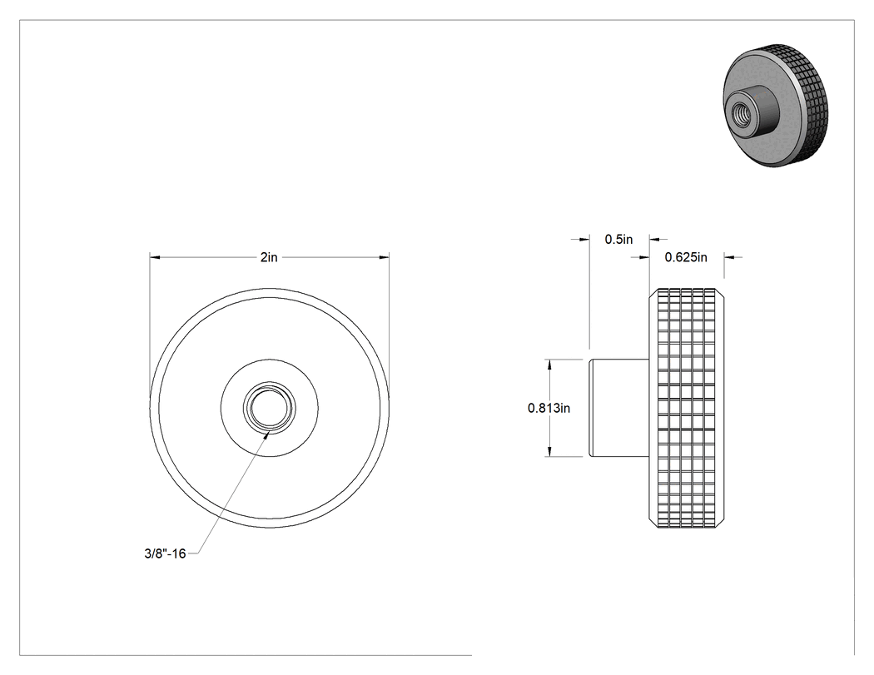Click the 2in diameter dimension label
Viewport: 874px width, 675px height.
click(269, 257)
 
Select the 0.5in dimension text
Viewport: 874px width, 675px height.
click(618, 239)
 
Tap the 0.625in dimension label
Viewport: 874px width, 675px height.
click(686, 257)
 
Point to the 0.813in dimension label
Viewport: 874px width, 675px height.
click(549, 408)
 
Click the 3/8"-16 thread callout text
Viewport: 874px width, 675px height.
click(165, 553)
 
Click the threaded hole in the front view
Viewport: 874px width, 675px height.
click(269, 408)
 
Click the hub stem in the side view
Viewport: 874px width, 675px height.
click(619, 408)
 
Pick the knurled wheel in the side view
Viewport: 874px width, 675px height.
click(688, 408)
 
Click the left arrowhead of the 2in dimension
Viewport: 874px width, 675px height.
click(155, 257)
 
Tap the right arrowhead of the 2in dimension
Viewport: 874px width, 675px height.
click(384, 257)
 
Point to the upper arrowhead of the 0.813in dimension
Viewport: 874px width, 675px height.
click(549, 365)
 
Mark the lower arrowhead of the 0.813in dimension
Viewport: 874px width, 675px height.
click(549, 451)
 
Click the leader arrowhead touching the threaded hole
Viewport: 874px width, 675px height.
click(267, 434)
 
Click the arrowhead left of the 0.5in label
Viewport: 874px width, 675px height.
click(583, 239)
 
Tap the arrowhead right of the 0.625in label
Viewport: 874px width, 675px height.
click(730, 257)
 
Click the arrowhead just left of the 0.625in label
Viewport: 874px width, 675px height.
click(643, 257)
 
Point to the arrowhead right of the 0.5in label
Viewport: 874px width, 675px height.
click(656, 239)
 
